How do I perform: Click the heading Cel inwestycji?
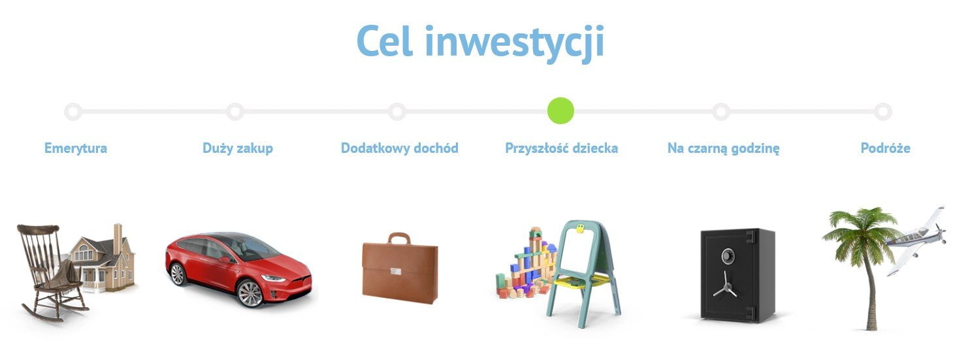[480, 42]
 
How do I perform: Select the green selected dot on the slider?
[560, 111]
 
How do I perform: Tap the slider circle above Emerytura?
[73, 111]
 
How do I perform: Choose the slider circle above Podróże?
[883, 111]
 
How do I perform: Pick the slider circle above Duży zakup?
[234, 111]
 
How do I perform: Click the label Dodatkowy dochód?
[399, 148]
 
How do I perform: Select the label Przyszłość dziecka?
[561, 148]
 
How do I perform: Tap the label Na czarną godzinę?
[723, 148]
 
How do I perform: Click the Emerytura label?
[76, 148]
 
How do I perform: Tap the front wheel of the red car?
[250, 293]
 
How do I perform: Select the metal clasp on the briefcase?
[396, 271]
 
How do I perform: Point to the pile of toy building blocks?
[526, 264]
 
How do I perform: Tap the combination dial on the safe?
[728, 256]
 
